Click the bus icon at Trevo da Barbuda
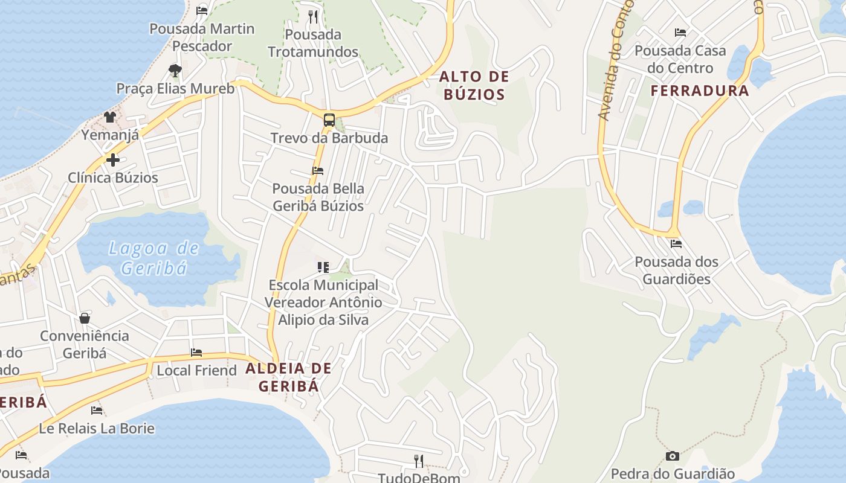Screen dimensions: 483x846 tap(329, 120)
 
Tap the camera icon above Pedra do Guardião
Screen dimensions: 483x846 tap(672, 456)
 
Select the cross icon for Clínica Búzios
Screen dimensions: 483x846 tap(113, 160)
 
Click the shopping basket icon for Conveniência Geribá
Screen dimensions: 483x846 tap(85, 318)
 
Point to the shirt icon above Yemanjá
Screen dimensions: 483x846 tap(109, 117)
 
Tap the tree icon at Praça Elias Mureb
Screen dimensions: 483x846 tap(175, 71)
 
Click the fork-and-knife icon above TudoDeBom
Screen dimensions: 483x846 tap(418, 461)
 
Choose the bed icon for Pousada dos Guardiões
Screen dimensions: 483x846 tap(676, 244)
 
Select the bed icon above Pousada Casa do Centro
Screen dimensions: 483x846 tap(680, 33)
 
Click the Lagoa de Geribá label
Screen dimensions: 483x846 tap(153, 258)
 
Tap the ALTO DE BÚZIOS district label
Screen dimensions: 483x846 tap(474, 86)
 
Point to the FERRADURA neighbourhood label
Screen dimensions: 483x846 tap(699, 91)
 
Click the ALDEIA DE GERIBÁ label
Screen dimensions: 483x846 tap(289, 377)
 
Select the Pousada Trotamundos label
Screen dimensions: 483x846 tap(313, 43)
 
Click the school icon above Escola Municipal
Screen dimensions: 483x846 tap(323, 267)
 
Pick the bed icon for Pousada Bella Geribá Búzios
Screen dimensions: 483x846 tap(318, 171)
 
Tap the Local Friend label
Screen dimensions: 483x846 tap(197, 370)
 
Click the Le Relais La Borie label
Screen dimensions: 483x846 tap(97, 429)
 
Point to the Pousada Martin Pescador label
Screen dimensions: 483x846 tap(202, 37)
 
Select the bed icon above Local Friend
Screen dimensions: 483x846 tap(196, 352)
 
